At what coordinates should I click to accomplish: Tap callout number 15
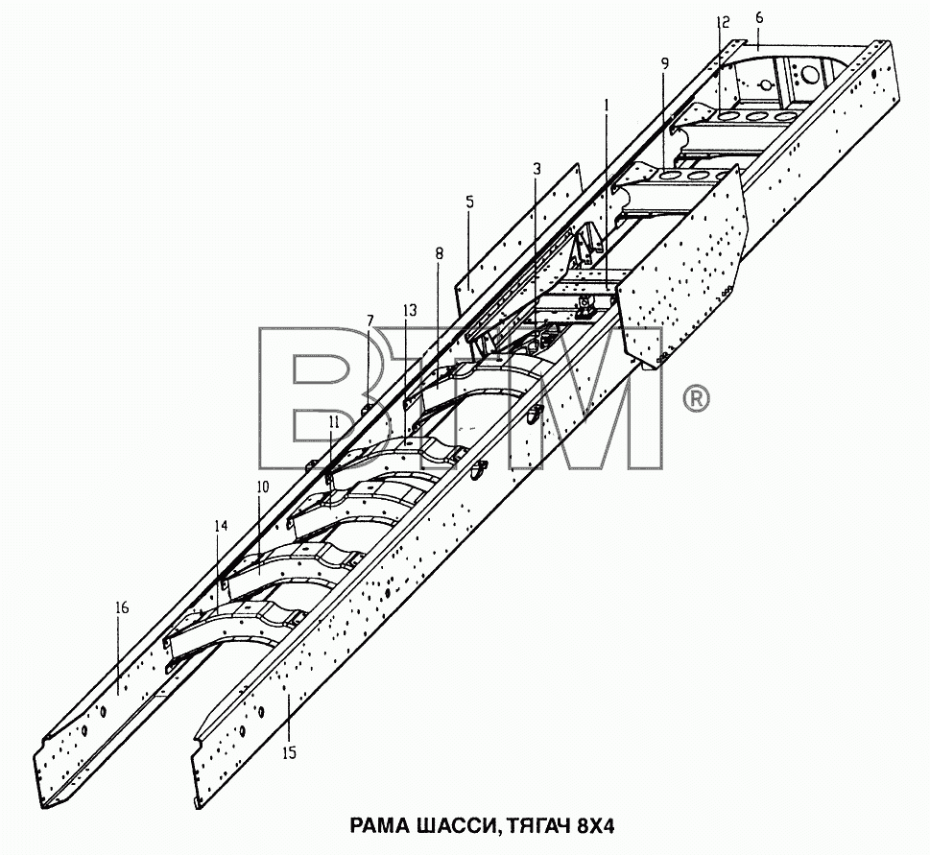tap(289, 753)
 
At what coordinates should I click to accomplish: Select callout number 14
tap(222, 525)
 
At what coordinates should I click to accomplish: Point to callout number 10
tap(263, 487)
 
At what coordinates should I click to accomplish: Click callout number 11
tap(334, 422)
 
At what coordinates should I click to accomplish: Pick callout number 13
tap(409, 310)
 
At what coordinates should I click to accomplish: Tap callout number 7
tap(370, 321)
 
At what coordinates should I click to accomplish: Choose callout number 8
tap(439, 253)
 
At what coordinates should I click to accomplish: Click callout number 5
tap(469, 202)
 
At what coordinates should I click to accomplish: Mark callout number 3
tap(537, 169)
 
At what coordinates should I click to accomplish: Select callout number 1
tap(607, 106)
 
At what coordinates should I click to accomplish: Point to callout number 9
tap(665, 63)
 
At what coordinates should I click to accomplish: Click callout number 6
tap(759, 18)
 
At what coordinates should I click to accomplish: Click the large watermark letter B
tap(332, 397)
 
